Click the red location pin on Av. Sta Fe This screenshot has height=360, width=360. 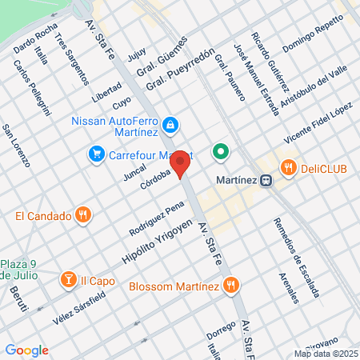coord(181,162)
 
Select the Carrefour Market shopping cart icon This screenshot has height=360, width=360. coord(96,153)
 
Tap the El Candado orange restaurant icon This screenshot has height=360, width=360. coord(82,214)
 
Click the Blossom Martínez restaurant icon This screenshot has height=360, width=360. coord(230,284)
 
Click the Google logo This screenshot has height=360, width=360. coord(26,350)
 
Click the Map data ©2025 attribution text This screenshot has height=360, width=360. coord(323,353)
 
